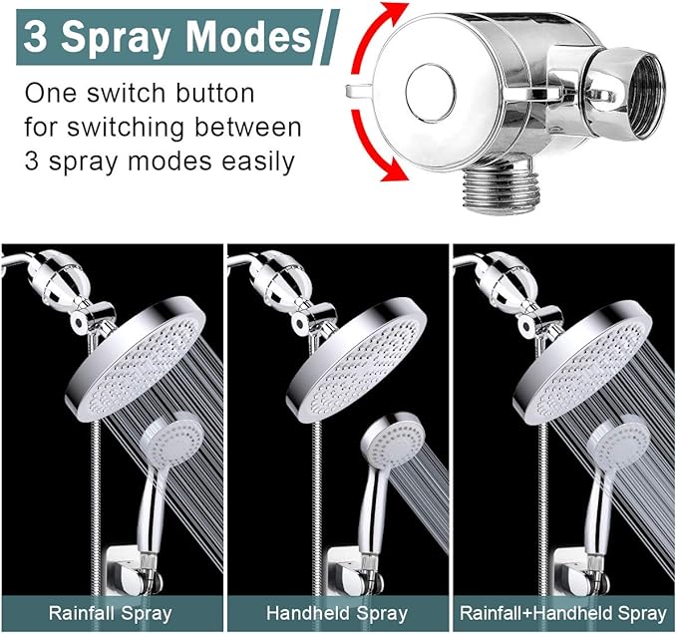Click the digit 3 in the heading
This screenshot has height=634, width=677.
[37, 39]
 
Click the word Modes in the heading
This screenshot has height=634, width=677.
[250, 37]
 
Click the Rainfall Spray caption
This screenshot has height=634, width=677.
[112, 613]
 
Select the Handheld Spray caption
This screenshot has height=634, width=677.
[337, 613]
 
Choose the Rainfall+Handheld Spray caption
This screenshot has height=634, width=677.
[563, 613]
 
